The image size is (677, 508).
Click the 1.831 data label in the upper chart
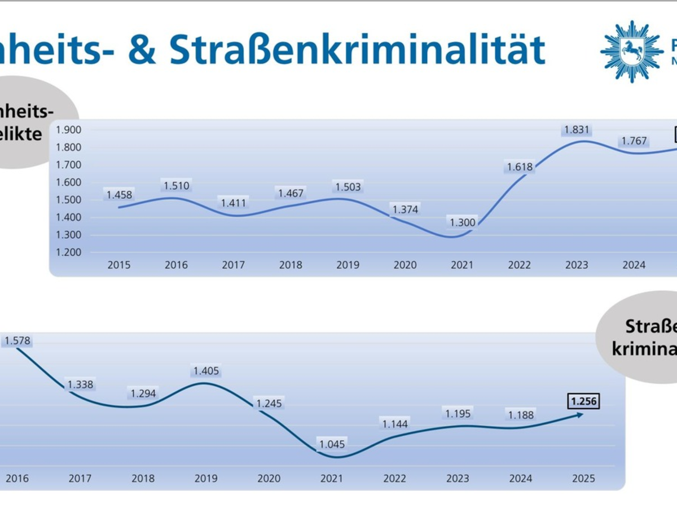click(x=577, y=130)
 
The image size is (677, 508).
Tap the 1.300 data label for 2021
click(x=462, y=222)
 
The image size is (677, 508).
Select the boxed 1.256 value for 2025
click(x=583, y=401)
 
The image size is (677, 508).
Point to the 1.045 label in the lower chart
click(x=331, y=444)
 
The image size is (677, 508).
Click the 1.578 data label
click(x=17, y=340)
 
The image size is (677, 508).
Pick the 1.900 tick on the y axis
click(x=69, y=130)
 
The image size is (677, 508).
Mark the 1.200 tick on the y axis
click(x=69, y=252)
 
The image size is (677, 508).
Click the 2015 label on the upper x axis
click(x=119, y=265)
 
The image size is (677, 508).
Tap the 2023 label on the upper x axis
click(x=577, y=265)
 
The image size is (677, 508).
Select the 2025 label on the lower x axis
click(x=583, y=479)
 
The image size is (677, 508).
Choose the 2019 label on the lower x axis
click(x=206, y=479)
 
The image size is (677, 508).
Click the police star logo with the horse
click(x=631, y=51)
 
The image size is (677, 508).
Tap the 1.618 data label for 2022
click(x=520, y=167)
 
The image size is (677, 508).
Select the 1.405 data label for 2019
click(x=206, y=371)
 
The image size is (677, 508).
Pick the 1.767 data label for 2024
click(x=633, y=141)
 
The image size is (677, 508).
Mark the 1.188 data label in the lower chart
click(x=520, y=415)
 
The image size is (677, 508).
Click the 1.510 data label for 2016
click(x=177, y=185)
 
